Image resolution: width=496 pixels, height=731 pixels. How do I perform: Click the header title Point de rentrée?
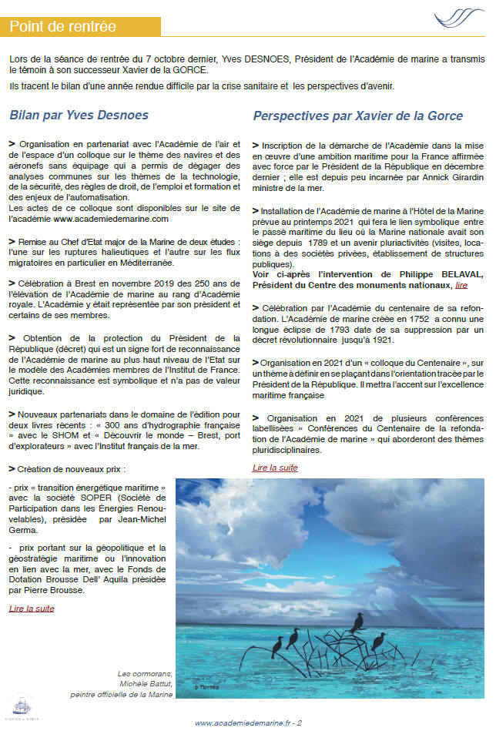[x=63, y=27]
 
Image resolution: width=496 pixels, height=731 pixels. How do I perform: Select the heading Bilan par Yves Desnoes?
[x=79, y=116]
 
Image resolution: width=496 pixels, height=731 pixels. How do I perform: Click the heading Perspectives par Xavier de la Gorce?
[x=358, y=116]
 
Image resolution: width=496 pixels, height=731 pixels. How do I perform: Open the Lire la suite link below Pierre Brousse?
[x=32, y=608]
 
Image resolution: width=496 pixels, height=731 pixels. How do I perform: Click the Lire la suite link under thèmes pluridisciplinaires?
[x=275, y=468]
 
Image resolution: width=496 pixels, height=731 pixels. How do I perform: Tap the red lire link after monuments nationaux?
[x=461, y=285]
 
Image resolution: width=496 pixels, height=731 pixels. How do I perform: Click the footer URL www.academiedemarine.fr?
[x=241, y=723]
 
